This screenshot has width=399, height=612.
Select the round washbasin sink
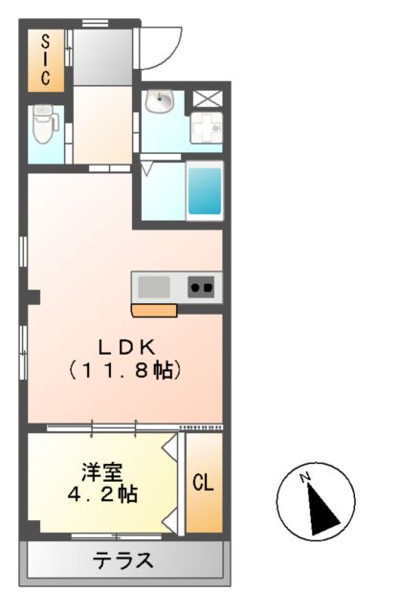pos(160,102)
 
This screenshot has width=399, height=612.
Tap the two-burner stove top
pos(202,287)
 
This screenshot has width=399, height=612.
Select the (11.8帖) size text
pos(125,370)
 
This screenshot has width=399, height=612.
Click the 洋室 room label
pos(100,472)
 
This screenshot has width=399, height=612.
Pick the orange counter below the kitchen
pos(154,310)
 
